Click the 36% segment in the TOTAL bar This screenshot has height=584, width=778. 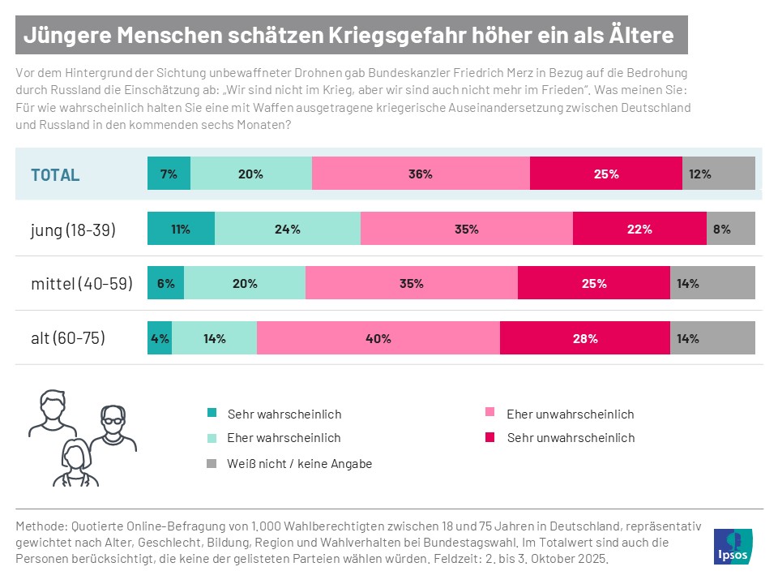[x=421, y=174]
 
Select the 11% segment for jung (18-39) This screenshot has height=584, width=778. [x=181, y=229]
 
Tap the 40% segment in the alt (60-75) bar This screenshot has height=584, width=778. [x=378, y=338]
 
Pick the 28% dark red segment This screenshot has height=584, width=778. [x=584, y=338]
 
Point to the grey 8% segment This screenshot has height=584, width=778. [x=730, y=229]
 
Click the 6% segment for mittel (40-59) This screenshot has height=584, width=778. [x=165, y=283]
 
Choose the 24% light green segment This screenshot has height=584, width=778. [x=287, y=229]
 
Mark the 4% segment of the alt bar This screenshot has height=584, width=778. [x=160, y=338]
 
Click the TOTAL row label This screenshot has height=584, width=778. [x=55, y=174]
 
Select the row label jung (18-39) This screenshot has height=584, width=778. [x=73, y=230]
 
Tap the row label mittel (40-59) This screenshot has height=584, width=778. [x=81, y=284]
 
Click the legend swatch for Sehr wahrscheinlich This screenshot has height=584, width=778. [x=212, y=414]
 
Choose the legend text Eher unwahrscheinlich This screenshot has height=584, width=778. [x=570, y=414]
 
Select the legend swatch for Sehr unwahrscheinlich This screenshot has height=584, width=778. [x=489, y=438]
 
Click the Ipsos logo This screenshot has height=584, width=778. [x=733, y=546]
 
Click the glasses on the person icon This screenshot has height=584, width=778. [x=113, y=419]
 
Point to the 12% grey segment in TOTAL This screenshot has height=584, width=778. [x=718, y=174]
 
